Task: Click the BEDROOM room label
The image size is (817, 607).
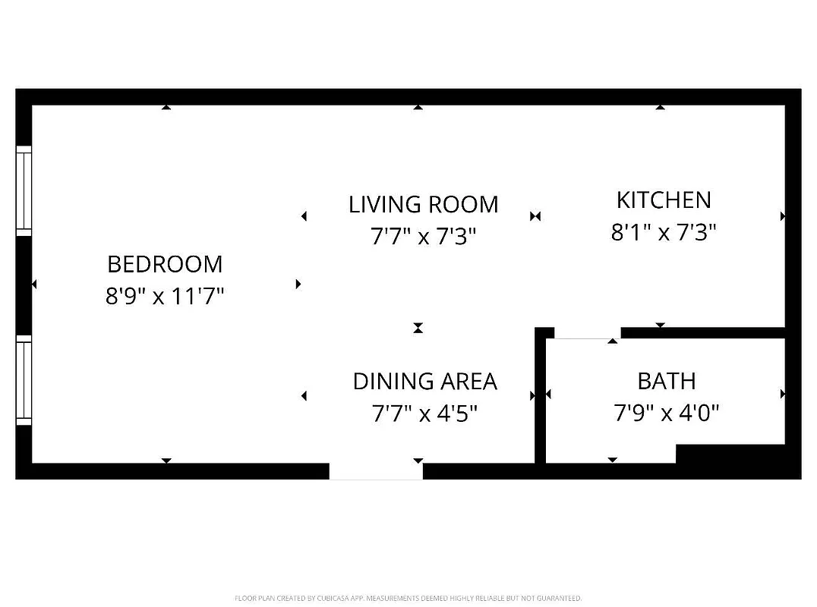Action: pos(165,264)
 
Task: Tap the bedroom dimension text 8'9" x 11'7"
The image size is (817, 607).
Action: pos(165,296)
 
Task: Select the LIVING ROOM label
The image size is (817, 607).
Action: pos(423,204)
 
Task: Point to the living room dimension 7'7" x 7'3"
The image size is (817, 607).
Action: pos(423,237)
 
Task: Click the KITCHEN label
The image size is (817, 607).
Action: pos(664,200)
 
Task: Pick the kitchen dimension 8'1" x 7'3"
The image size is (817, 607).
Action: pos(664,232)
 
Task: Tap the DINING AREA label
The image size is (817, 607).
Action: pos(424,381)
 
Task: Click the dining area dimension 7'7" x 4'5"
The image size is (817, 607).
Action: pos(424,414)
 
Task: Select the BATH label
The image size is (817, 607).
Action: pos(666,381)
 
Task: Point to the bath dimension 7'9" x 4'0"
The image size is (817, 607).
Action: pos(666,414)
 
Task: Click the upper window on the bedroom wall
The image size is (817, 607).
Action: pos(24,190)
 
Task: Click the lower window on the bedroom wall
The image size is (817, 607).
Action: pos(24,379)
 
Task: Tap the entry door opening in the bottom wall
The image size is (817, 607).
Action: pos(376,471)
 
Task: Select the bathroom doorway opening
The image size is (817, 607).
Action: pos(587,334)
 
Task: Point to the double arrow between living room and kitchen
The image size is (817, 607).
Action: pos(535,216)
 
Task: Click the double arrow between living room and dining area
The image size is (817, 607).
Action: pos(418,328)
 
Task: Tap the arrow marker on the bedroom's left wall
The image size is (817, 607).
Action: pos(34,284)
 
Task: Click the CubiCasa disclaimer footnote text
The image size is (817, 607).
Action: pos(408,598)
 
